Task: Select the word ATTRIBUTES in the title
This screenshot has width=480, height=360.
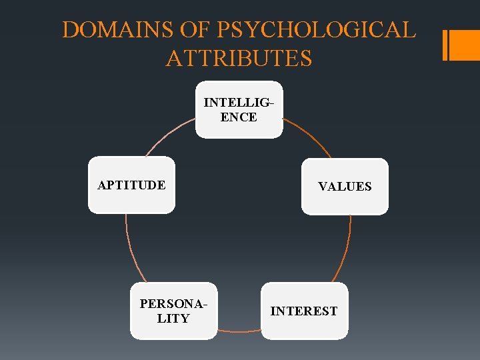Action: (x=239, y=58)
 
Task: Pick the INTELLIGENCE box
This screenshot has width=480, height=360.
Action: (x=239, y=110)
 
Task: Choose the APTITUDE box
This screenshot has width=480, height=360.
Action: (x=131, y=185)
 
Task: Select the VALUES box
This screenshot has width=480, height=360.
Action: (x=345, y=187)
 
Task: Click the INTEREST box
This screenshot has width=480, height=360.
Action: (x=304, y=311)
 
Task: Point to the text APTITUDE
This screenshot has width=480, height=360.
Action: (x=131, y=185)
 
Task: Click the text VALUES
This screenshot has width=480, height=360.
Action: (x=345, y=187)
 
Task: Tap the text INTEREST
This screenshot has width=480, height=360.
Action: (x=304, y=311)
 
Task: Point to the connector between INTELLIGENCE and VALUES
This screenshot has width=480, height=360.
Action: (x=309, y=137)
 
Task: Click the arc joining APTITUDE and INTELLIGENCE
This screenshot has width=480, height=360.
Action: (x=168, y=137)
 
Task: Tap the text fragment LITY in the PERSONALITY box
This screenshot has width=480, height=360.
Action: (x=173, y=319)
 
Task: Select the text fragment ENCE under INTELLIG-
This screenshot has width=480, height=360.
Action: (x=239, y=117)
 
